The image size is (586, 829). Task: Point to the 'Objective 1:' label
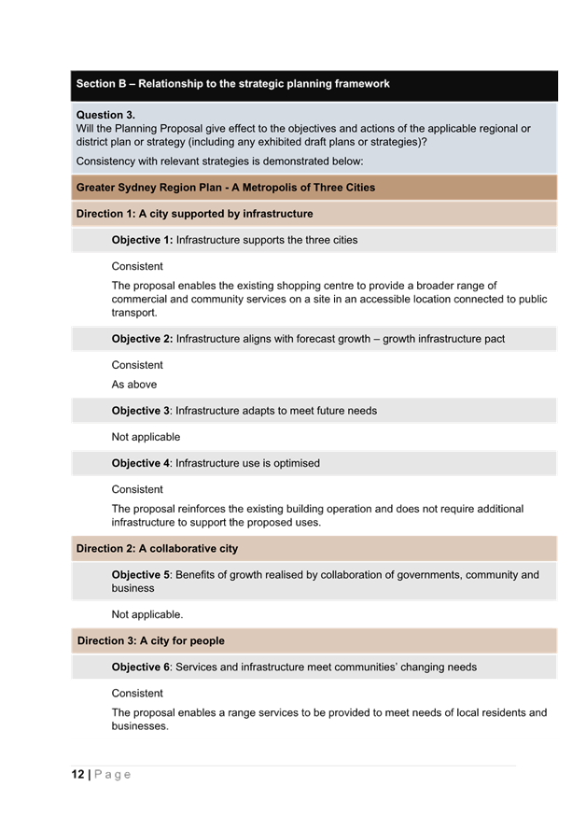[x=142, y=240]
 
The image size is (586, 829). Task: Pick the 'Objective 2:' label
[x=142, y=339]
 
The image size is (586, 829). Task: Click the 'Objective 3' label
[x=141, y=411]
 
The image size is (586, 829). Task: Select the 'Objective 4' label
[x=141, y=463]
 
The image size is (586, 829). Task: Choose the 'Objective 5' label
[x=141, y=575]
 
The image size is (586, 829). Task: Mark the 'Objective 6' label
[x=141, y=667]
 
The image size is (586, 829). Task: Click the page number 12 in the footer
[x=77, y=775]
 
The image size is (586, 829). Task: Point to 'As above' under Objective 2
[x=134, y=385]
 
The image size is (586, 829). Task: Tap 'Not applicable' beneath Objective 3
[x=146, y=437]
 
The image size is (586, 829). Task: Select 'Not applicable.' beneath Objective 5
[x=146, y=614]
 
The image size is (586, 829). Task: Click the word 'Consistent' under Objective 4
[x=137, y=489]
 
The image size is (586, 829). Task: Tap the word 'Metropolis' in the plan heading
[x=264, y=188]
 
